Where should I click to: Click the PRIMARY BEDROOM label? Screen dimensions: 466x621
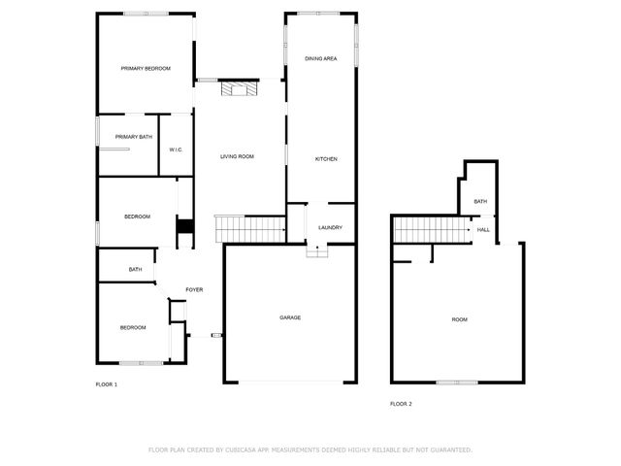146,68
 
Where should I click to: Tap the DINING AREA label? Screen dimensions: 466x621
321,59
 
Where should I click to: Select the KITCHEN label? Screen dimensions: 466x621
326,158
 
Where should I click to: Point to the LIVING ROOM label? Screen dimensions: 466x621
237,156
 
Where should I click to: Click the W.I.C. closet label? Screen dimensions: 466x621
176,150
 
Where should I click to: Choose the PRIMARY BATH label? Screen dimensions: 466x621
134,137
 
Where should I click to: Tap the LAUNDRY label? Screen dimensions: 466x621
330,227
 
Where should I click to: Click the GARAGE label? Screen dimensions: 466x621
290,317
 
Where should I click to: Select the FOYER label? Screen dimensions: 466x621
194,290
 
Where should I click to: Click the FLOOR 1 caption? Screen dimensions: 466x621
106,385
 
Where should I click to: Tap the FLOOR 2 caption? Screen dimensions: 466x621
401,403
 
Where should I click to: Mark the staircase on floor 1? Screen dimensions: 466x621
248,230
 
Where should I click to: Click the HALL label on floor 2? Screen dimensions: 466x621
482,230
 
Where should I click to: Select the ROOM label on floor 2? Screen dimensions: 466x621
459,319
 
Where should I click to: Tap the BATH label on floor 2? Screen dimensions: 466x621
480,201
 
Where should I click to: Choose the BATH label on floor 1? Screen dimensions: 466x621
136,269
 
